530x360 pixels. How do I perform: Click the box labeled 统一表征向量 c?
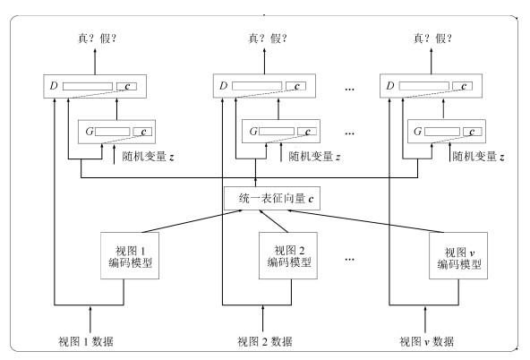coord(272,199)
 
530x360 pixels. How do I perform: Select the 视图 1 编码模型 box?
coord(130,255)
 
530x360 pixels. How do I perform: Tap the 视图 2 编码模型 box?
coord(288,255)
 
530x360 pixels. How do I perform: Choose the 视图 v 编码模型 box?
coord(458,255)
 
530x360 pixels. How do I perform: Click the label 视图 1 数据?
coord(86,341)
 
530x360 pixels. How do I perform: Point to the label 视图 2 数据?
coord(265,341)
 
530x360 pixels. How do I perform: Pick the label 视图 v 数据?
coord(426,341)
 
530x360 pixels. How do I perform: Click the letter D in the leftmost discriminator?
coord(54,86)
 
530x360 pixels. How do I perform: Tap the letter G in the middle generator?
coord(253,131)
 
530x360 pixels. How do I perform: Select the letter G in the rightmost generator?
coord(417,131)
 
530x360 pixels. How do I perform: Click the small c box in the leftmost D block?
coord(127,86)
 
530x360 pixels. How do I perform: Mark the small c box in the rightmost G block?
coord(472,132)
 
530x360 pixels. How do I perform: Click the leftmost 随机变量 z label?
coord(149,157)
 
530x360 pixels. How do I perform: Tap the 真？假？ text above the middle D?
coord(268,39)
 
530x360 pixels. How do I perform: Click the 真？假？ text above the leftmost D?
coord(98,39)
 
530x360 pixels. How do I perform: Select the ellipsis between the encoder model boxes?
coord(350,260)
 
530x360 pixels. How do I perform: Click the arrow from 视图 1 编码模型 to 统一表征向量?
coord(192,221)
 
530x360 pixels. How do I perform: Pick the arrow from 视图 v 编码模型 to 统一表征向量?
coord(365,221)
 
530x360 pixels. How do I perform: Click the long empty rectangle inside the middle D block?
coord(257,86)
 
